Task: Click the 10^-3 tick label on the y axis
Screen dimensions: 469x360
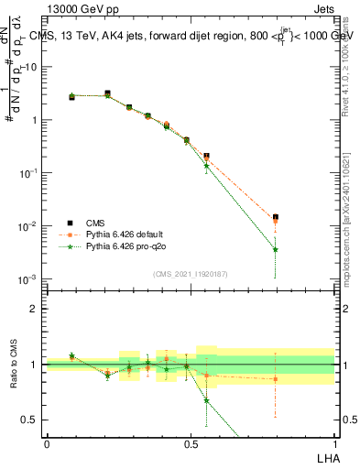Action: point(29,278)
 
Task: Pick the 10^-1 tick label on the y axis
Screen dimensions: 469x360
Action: point(29,172)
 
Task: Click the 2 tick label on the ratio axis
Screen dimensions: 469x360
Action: point(36,309)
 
